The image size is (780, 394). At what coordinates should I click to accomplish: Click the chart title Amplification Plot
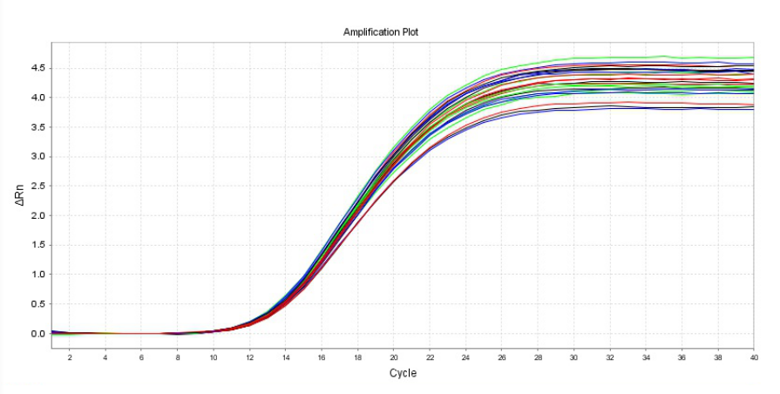pos(382,31)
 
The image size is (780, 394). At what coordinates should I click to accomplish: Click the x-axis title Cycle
pos(403,373)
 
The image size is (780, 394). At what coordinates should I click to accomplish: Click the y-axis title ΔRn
pos(20,200)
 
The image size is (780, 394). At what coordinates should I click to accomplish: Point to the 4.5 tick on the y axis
pos(37,68)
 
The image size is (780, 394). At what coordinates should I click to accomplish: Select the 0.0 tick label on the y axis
pos(37,334)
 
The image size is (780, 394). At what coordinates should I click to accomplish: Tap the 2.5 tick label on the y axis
pos(37,186)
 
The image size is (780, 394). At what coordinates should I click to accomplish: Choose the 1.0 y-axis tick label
pos(37,275)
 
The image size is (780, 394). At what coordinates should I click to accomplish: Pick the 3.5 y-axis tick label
pos(37,127)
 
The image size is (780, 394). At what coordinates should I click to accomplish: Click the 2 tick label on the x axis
pos(70,357)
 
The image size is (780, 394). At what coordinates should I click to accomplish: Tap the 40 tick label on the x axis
pos(754,357)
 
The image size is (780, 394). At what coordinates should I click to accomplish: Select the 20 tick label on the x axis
pos(394,357)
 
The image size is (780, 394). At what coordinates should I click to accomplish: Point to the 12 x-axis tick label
pos(249,357)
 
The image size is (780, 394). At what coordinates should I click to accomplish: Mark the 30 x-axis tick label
pos(573,357)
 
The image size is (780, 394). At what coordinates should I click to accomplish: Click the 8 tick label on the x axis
pos(178,357)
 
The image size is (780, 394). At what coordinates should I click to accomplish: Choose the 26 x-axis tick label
pos(502,357)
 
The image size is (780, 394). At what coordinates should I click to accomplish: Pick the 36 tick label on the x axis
pos(682,357)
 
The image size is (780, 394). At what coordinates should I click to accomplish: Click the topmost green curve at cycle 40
pos(752,58)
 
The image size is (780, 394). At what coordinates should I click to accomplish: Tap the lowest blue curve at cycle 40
pos(752,108)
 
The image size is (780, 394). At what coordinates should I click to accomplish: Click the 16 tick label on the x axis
pos(322,357)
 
